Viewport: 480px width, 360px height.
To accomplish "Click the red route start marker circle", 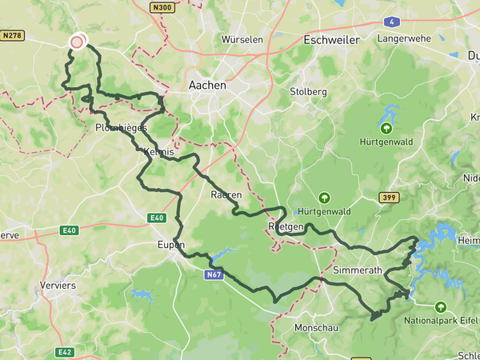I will (x=77, y=42).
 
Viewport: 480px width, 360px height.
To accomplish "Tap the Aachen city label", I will (x=207, y=85).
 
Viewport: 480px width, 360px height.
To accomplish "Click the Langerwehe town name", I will (x=404, y=38).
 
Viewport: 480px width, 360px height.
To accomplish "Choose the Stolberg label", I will (x=308, y=92).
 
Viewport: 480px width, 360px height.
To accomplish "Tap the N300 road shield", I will (x=162, y=7).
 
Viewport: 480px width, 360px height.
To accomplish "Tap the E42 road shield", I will (x=65, y=352).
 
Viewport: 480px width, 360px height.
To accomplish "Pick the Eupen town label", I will (x=171, y=245).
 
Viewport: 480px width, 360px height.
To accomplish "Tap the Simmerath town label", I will (x=357, y=270).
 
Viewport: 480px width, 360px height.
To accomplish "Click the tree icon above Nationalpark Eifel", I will (x=440, y=306).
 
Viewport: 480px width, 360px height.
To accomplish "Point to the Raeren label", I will (x=226, y=195).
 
